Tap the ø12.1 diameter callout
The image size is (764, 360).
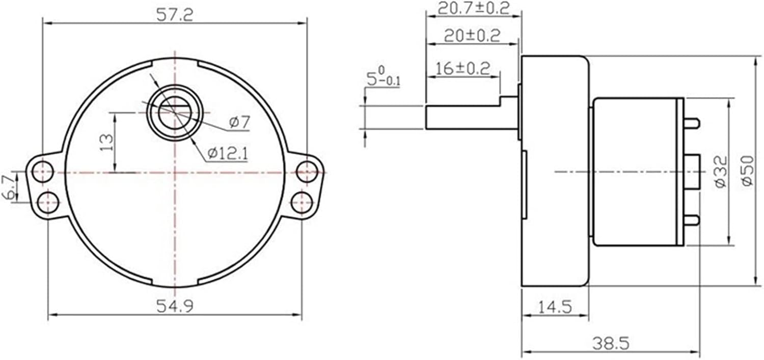pyautogui.click(x=228, y=152)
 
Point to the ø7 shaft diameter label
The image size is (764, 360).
pyautogui.click(x=239, y=122)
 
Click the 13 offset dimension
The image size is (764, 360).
pyautogui.click(x=106, y=143)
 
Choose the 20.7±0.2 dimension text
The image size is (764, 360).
pyautogui.click(x=474, y=9)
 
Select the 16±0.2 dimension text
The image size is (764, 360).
pyautogui.click(x=463, y=68)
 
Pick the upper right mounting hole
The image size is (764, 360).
pyautogui.click(x=307, y=171)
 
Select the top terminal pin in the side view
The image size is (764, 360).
pyautogui.click(x=691, y=123)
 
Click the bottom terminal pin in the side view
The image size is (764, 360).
pyautogui.click(x=691, y=220)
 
